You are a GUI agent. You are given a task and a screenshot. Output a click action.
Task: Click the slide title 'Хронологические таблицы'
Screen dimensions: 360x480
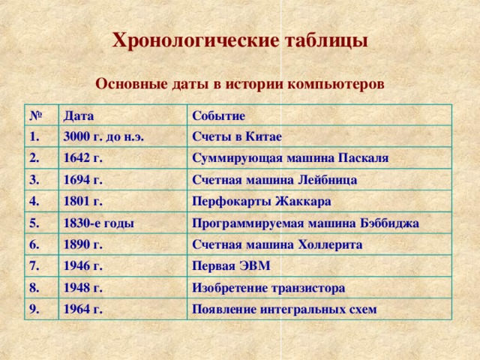(240, 40)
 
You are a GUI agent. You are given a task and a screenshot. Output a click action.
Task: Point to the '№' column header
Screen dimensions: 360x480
(34, 115)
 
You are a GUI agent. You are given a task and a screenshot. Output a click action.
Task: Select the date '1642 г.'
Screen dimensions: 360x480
(84, 159)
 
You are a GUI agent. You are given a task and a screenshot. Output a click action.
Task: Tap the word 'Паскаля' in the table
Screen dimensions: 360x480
(361, 158)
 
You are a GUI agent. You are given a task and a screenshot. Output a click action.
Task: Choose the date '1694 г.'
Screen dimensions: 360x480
(84, 180)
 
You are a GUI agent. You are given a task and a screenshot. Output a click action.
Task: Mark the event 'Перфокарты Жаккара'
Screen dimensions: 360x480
(262, 202)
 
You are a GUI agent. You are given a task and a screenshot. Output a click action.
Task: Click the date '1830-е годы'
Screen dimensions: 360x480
(99, 223)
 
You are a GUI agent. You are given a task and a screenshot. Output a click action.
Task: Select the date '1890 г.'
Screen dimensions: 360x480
(84, 244)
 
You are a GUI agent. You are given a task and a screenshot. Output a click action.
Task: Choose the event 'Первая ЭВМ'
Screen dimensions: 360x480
(231, 266)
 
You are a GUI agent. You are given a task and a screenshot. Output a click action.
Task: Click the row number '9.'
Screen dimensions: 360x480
(34, 307)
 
